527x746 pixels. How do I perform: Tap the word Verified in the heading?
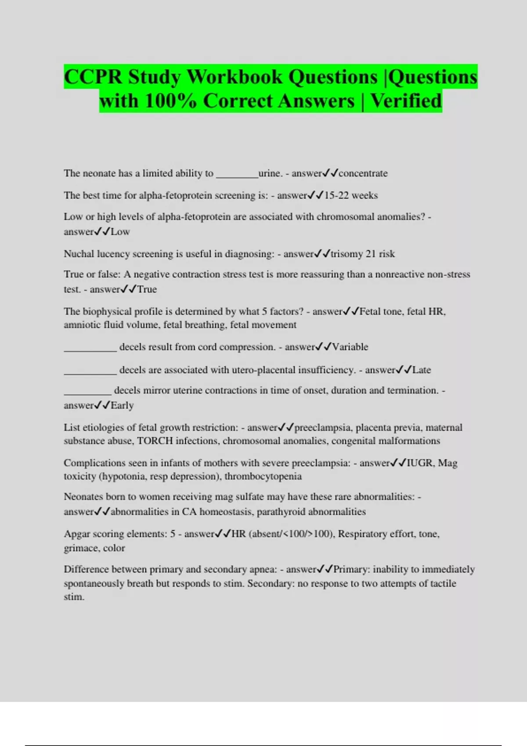pos(406,101)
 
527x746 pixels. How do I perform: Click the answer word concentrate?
pos(363,173)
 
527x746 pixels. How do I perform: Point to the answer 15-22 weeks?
pos(351,195)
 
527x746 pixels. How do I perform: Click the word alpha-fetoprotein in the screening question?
pos(176,195)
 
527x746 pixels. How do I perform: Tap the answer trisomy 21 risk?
pos(363,254)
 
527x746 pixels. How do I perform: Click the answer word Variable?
pos(350,347)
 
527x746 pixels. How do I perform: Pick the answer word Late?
pos(422,370)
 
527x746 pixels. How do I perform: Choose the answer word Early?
pos(122,405)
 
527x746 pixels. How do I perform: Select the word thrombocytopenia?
pos(263,476)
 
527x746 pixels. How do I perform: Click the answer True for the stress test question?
pos(147,289)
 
